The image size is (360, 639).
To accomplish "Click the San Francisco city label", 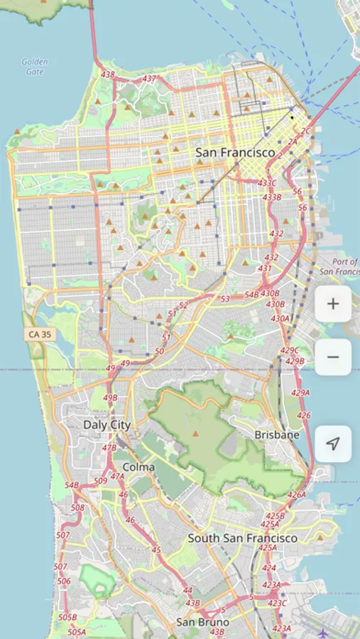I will coord(235,153).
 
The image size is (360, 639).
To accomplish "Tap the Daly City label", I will coord(107,425).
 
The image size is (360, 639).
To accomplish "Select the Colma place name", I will coord(138,466).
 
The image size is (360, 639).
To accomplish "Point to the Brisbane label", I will coord(277,435).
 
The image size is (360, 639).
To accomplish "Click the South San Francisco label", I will coord(242,538).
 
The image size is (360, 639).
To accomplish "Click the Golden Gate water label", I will coord(34,67).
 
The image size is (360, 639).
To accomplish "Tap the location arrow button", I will coord(333,444).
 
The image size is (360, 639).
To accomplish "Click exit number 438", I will coord(108,75).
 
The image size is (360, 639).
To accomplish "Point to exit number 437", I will coord(149,79).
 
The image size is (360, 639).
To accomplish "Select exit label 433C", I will coord(268,182).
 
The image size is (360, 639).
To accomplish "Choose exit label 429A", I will coord(300,393).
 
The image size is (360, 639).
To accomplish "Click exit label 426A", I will coord(296,495).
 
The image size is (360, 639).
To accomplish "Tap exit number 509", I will coord(100,481).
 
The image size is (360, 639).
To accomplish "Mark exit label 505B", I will coord(67,617).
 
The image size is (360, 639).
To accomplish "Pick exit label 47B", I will coord(109,448).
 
